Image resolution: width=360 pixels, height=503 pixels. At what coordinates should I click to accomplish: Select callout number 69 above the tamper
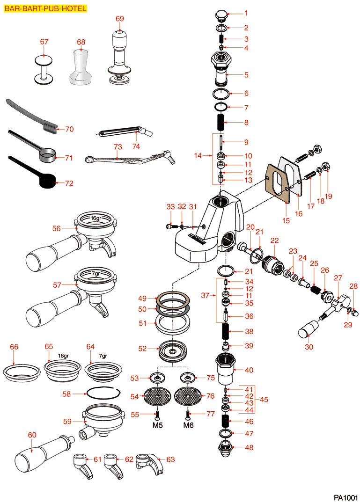[x=120, y=18]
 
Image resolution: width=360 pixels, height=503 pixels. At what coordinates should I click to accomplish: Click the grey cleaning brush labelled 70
[x=33, y=116]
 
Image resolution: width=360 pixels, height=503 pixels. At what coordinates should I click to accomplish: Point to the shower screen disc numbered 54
[x=157, y=397]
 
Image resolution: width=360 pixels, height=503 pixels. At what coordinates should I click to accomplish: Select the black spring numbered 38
[x=226, y=332]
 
